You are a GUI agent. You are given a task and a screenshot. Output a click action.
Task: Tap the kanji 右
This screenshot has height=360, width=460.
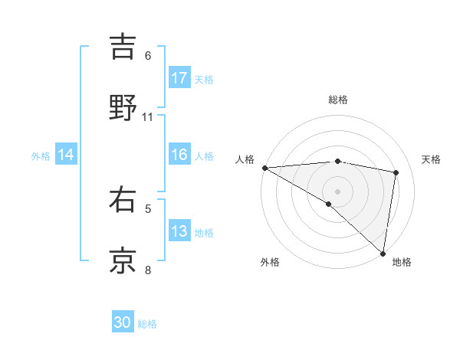coord(123,200)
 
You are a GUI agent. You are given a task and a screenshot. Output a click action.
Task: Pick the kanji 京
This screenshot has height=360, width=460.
coord(123,260)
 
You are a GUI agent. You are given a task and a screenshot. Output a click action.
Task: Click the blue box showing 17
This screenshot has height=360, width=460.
coord(179,78)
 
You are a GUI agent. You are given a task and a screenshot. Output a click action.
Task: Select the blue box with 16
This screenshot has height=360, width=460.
coord(179,155)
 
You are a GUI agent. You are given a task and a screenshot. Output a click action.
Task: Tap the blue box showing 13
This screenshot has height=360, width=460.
coord(179,232)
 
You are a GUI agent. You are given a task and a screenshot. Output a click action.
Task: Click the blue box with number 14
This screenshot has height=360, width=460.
coord(66,155)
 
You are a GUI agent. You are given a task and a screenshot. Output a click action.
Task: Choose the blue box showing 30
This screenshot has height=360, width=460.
coord(123,323)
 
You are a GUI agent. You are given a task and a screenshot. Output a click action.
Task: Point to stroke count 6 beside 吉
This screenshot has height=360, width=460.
coord(148,56)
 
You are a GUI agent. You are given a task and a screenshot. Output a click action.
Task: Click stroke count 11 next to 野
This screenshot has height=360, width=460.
coord(148,116)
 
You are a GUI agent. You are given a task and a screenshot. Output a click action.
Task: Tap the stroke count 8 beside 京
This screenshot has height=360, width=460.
coord(148,269)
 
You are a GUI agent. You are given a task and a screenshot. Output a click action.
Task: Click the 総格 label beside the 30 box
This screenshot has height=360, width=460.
coord(148,324)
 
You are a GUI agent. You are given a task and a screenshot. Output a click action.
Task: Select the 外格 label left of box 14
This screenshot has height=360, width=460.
coord(41,156)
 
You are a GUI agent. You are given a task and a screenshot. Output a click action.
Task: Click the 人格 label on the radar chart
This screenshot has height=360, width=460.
coord(244,159)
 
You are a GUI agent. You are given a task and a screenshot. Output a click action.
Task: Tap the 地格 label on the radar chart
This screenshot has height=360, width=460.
coord(402,262)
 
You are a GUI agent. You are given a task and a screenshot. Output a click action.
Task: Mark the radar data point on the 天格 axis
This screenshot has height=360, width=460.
coord(396,172)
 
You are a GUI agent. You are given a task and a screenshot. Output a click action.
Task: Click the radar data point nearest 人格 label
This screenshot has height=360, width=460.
coord(264,168)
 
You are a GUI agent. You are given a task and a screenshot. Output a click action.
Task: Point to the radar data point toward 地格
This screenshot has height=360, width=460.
coord(383,253)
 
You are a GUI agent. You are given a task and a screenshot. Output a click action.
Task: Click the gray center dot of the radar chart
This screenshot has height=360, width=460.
coord(338,191)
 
